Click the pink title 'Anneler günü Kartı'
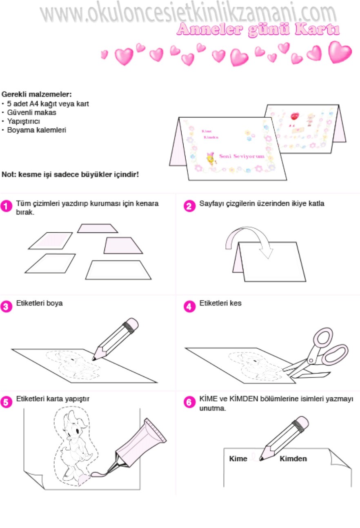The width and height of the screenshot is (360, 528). point(258,30)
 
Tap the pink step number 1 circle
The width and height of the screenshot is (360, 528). point(6,206)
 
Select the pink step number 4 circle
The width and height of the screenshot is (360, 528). point(190,307)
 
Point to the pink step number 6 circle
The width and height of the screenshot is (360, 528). point(190,402)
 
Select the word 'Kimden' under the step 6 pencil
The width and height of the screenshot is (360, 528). point(293,459)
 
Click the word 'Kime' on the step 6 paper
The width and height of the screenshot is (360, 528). point(238,459)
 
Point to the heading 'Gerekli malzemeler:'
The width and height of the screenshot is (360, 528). point(36,94)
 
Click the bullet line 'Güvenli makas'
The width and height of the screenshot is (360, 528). point(31,112)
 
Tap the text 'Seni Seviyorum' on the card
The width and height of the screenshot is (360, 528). point(242,156)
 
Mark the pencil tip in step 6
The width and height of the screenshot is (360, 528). point(261,459)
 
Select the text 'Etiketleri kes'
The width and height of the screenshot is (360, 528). point(220,303)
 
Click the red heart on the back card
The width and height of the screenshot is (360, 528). point(295,116)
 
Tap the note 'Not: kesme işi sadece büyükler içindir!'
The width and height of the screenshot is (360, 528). point(70,175)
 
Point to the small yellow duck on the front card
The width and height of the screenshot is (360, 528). point(211,158)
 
